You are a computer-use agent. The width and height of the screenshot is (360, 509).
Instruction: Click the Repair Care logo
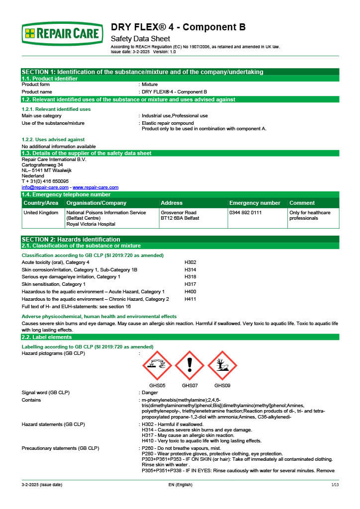click(x=62, y=33)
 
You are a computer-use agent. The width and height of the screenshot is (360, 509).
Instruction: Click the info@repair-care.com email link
click(x=45, y=187)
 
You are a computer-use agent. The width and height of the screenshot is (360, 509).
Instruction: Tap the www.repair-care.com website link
click(x=95, y=187)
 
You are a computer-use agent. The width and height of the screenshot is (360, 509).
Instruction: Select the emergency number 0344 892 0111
click(x=245, y=212)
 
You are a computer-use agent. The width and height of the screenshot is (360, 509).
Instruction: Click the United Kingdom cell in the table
click(x=41, y=212)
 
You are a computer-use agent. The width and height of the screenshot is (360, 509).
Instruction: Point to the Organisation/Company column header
click(x=96, y=203)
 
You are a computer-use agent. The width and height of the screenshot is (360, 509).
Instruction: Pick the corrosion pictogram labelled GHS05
click(x=157, y=365)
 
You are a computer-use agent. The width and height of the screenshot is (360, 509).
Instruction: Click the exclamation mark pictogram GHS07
click(x=189, y=365)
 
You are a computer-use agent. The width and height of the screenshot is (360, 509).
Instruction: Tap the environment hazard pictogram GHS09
click(x=222, y=365)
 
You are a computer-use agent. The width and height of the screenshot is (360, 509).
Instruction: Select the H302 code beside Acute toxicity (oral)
click(x=190, y=262)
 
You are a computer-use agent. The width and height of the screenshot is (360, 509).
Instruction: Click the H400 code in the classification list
click(x=190, y=291)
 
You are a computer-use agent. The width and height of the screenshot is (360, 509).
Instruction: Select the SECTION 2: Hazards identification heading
click(x=71, y=239)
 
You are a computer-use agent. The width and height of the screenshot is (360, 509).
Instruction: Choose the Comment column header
click(x=302, y=203)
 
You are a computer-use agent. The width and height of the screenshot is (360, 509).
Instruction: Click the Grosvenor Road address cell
click(x=179, y=215)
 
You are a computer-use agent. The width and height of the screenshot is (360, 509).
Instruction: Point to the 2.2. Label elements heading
click(x=44, y=337)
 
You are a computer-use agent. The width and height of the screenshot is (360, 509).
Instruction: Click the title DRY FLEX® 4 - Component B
click(x=178, y=27)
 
